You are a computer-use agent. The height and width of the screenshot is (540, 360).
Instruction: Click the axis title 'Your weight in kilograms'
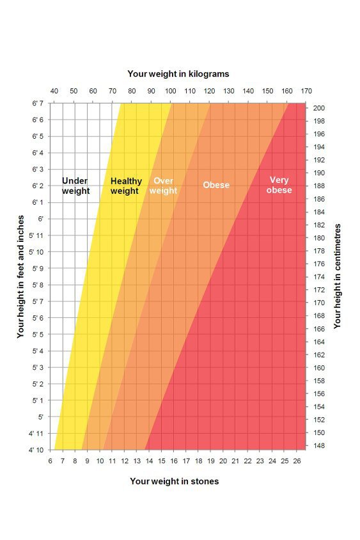[178, 74]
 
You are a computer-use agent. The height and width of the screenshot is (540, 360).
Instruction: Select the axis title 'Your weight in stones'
[174, 481]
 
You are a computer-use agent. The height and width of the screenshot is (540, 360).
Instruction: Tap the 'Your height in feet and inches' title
[21, 276]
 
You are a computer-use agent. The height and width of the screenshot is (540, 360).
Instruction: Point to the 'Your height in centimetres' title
[338, 276]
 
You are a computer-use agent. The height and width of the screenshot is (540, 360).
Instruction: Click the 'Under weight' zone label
[75, 186]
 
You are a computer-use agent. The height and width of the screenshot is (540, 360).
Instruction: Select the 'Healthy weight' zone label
[125, 186]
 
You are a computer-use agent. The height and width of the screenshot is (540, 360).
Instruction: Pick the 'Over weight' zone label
[163, 186]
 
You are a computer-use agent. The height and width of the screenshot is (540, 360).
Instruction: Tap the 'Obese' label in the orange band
[216, 185]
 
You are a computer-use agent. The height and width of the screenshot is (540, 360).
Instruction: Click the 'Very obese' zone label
[279, 185]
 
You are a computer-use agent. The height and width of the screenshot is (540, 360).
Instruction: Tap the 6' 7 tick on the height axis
[37, 104]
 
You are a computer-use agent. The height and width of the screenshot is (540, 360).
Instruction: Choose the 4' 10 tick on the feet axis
[36, 450]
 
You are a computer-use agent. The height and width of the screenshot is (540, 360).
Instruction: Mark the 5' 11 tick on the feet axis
[36, 235]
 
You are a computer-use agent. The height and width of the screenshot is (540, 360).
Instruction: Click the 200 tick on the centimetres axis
[319, 108]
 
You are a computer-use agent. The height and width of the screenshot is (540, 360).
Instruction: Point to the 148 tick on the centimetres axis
[319, 445]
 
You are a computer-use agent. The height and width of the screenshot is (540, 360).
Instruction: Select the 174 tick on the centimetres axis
[319, 277]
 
